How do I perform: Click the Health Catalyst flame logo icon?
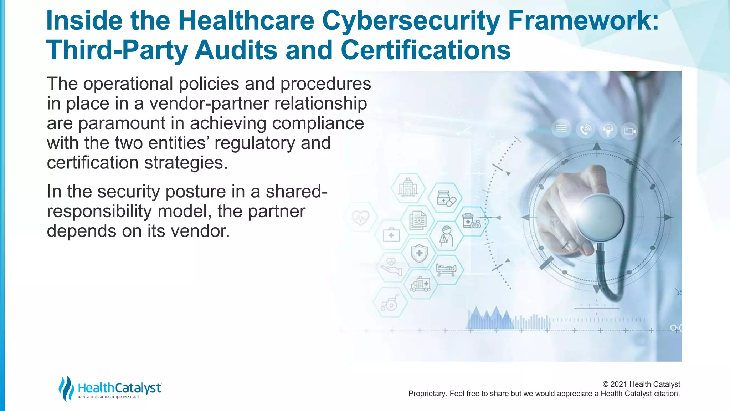(x=66, y=388)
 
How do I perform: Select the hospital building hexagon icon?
(x=408, y=187)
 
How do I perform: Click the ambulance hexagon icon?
(x=421, y=284)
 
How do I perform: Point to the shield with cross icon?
(x=419, y=254)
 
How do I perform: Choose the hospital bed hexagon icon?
(x=446, y=269)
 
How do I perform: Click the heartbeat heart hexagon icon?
(x=360, y=217)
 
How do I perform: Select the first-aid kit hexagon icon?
(x=391, y=235)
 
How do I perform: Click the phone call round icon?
(x=585, y=130)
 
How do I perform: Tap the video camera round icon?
(x=629, y=131)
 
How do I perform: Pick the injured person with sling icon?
(x=446, y=236)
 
